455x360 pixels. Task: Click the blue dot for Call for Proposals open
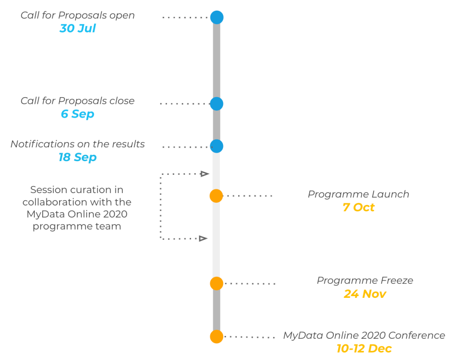tap(217, 17)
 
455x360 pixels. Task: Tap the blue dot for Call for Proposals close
tap(216, 104)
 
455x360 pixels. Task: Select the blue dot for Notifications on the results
tap(216, 146)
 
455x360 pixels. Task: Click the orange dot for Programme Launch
tap(216, 196)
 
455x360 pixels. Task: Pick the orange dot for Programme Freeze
tap(216, 283)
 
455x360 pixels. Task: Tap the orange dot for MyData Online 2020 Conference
tap(216, 336)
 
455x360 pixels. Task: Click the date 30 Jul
tap(77, 28)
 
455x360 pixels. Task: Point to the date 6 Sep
tap(77, 114)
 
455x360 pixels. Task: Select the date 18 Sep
tap(77, 157)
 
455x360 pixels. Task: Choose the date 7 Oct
tap(359, 207)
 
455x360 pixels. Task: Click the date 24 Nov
tap(365, 294)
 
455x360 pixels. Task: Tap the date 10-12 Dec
tap(364, 348)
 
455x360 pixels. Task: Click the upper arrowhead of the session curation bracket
tap(205, 174)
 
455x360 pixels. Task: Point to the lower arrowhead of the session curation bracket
tap(203, 238)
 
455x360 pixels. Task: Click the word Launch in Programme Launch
tap(391, 194)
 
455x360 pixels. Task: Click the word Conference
tap(417, 335)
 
